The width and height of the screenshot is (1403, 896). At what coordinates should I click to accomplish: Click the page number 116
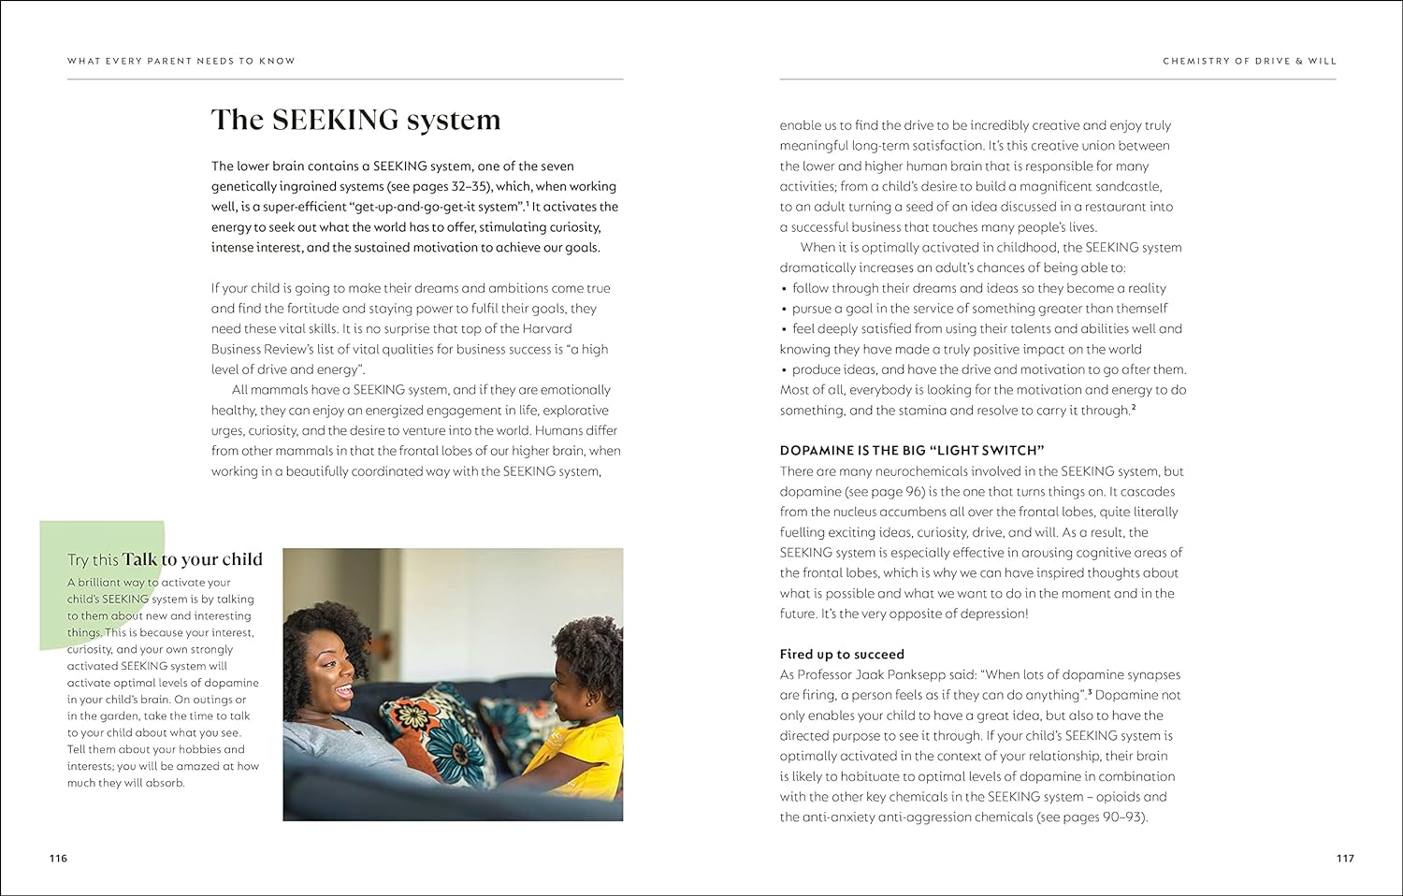click(x=58, y=859)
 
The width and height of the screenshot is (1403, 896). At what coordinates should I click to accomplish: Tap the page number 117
click(x=1345, y=859)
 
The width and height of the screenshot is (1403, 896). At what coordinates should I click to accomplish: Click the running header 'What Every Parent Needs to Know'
click(x=181, y=61)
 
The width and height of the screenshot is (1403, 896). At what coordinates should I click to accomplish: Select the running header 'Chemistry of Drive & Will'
click(x=1250, y=61)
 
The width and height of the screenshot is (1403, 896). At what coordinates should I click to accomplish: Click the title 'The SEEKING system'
click(x=355, y=120)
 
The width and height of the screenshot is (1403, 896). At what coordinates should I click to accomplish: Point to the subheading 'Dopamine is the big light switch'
click(x=912, y=451)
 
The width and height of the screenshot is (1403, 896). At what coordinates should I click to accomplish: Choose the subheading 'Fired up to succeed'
click(x=842, y=655)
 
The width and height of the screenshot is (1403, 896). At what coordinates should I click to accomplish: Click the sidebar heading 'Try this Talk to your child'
click(x=165, y=560)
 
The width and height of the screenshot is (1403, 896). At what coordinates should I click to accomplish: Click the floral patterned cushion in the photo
click(x=449, y=734)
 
